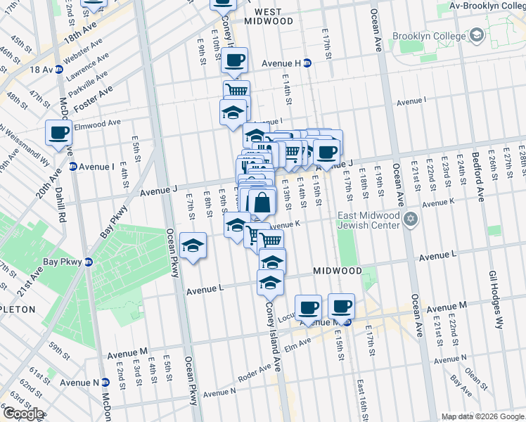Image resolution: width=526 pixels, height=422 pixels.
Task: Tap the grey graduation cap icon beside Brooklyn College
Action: (x=476, y=34)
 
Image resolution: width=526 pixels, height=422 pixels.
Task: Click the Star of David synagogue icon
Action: (x=412, y=221)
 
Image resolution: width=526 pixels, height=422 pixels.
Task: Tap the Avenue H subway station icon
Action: (x=307, y=63)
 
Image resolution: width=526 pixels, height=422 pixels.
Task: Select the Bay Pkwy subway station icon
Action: (x=89, y=262)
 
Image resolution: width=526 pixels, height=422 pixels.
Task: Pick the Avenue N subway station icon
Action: (x=105, y=382)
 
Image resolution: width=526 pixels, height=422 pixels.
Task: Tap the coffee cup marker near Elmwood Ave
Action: (x=59, y=132)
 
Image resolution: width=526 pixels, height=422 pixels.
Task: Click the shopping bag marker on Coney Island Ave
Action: (x=262, y=203)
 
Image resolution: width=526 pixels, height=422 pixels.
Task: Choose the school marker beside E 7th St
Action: (x=193, y=246)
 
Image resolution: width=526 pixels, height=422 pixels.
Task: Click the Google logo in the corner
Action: (x=23, y=414)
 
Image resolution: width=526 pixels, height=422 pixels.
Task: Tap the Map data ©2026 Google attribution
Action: (x=482, y=416)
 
